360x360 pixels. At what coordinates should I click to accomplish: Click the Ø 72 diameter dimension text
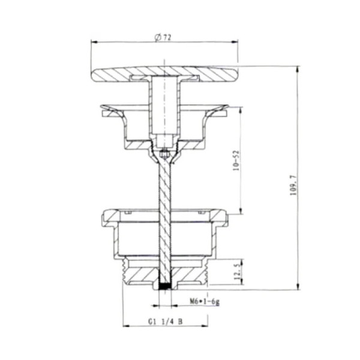[163, 37]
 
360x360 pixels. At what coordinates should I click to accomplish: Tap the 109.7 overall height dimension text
[293, 185]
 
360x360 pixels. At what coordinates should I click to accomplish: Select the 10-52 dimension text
[236, 160]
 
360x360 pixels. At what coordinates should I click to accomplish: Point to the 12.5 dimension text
[238, 271]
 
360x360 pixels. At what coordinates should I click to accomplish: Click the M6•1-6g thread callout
[205, 301]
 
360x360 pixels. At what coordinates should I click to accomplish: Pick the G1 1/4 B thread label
[166, 322]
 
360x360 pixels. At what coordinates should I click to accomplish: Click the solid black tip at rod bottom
[165, 286]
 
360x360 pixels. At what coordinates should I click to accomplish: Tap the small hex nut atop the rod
[164, 155]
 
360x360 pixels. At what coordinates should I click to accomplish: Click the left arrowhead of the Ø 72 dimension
[95, 42]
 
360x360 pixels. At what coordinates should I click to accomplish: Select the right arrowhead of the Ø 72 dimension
[234, 42]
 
